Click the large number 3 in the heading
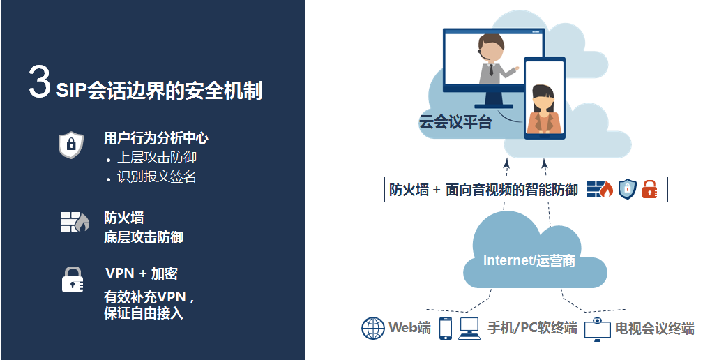click(x=39, y=81)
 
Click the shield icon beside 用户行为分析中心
click(x=71, y=145)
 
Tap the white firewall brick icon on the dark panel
click(x=75, y=222)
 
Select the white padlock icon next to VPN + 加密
click(x=73, y=280)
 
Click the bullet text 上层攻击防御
click(x=157, y=158)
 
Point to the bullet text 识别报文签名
click(x=157, y=177)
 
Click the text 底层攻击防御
click(x=144, y=237)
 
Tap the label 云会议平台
click(x=455, y=122)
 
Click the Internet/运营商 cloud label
click(x=529, y=260)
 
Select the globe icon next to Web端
click(x=373, y=328)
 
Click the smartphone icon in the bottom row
click(x=445, y=328)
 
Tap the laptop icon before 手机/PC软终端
click(x=469, y=328)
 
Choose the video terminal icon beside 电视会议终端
click(x=597, y=329)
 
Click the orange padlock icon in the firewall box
click(x=650, y=189)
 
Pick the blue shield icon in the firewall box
click(x=628, y=189)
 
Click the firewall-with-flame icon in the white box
click(x=600, y=190)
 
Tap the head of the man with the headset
click(x=491, y=47)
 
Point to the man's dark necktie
click(x=492, y=70)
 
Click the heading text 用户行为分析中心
click(x=156, y=138)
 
